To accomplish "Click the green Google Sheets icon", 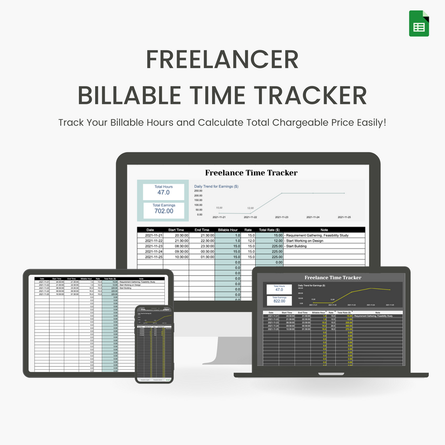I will (419, 24).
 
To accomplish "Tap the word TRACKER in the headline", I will (313, 95).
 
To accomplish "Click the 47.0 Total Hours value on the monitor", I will (163, 192).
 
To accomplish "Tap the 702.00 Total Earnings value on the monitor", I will (163, 211).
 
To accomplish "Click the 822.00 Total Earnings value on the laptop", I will (279, 301).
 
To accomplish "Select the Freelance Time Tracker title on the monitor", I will (251, 172).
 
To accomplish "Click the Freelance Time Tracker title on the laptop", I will (333, 277).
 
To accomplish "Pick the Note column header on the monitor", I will (324, 230).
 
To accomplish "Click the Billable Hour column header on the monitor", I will (228, 230).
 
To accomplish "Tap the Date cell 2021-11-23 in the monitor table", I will (151, 246).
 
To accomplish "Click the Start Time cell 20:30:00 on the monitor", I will (178, 235).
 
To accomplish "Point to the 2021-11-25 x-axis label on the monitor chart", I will (344, 217).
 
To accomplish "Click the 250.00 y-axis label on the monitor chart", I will (198, 191).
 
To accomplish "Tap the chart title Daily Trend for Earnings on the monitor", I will (216, 186).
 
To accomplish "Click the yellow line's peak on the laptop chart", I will (370, 288).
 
